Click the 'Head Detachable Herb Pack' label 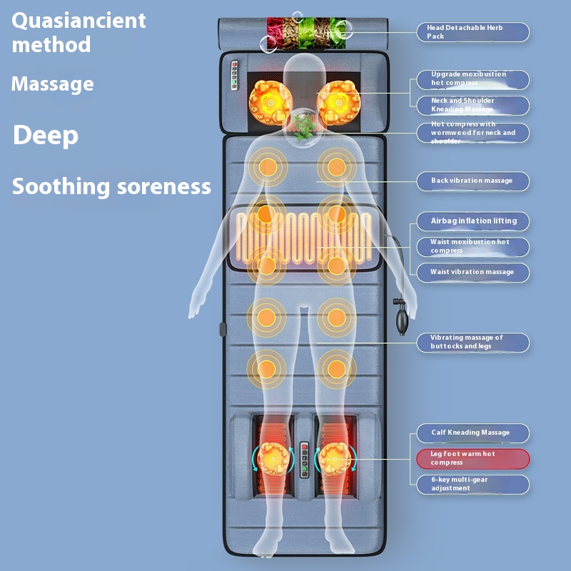(x=473, y=32)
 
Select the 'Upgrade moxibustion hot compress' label (x=473, y=79)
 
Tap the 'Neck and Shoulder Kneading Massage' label (x=473, y=105)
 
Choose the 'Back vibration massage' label (x=473, y=181)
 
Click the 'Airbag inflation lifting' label (x=473, y=221)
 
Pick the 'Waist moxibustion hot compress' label (x=473, y=246)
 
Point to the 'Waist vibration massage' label (x=473, y=272)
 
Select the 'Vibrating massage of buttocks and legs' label (x=473, y=342)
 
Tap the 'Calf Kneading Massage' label (x=473, y=433)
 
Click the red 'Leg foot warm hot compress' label (x=473, y=458)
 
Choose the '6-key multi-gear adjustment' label (x=473, y=484)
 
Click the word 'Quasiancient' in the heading (x=79, y=20)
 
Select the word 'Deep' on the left (x=45, y=136)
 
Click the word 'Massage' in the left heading (x=52, y=84)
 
